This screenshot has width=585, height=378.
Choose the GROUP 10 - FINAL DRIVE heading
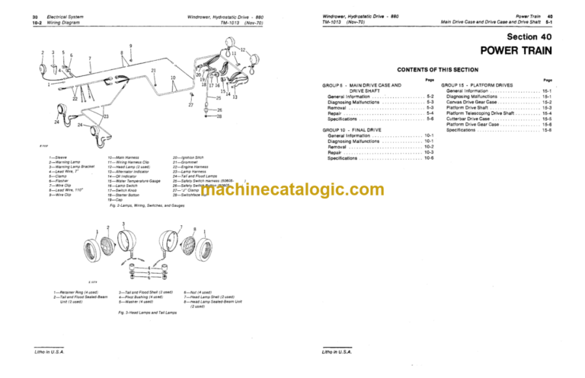pos(357,130)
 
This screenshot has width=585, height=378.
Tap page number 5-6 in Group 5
pos(430,119)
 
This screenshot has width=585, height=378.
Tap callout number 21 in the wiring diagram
pos(154,71)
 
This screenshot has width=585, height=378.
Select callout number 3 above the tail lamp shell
pos(124,224)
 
